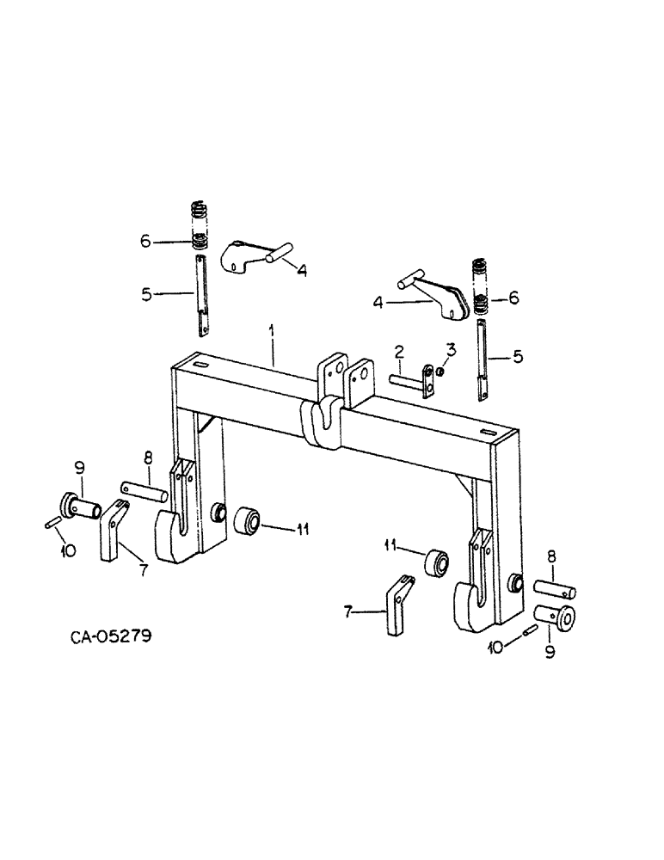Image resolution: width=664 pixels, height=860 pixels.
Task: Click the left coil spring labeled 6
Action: point(199,228)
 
